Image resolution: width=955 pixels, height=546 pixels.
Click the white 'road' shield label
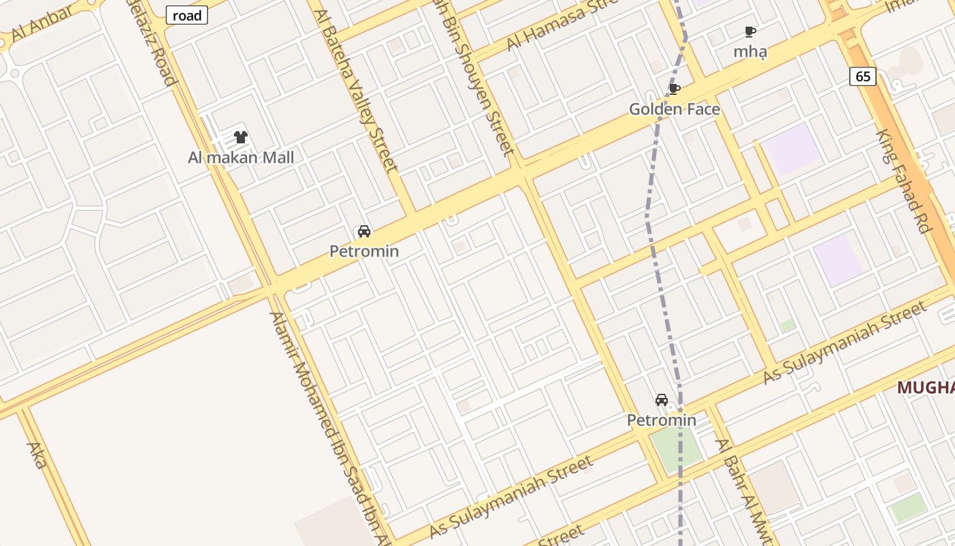pos(186,15)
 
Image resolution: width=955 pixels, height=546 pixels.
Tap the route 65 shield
pos(863,76)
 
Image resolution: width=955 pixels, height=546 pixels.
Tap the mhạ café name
pos(750,51)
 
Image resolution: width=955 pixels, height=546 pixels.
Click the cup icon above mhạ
pos(750,31)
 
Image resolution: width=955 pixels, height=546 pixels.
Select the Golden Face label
pos(674,109)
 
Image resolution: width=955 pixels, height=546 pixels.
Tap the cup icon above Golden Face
pos(674,89)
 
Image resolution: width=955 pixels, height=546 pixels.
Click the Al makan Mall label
pos(241,158)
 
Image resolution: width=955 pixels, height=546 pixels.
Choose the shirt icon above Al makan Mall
pos(240,137)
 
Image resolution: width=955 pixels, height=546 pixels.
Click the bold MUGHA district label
pos(926,388)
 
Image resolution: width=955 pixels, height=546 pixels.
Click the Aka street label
pos(36,455)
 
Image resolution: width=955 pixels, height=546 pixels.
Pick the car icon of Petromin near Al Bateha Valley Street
pos(364,231)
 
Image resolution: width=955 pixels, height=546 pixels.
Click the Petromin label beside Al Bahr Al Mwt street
pos(662,420)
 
